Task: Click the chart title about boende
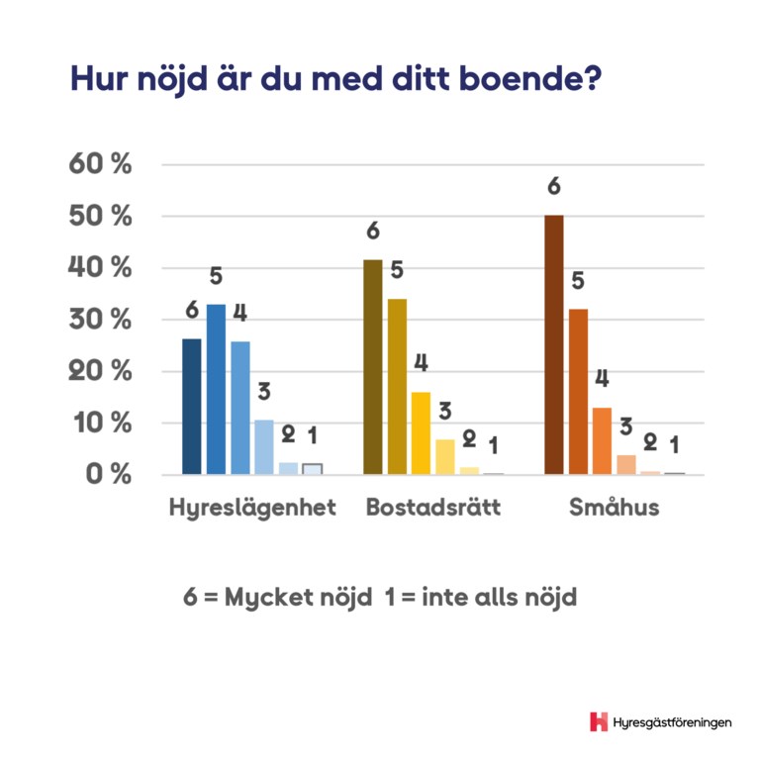tap(335, 79)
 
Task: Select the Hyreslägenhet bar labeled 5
tap(216, 389)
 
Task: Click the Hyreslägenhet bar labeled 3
tap(263, 447)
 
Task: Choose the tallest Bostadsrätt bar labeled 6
tap(372, 367)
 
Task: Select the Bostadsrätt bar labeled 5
tap(397, 387)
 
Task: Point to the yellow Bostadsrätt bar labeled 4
tap(421, 433)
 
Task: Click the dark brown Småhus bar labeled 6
tap(554, 344)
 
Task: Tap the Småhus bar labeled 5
tap(578, 392)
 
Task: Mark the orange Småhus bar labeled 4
tap(602, 440)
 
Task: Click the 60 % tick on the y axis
tap(100, 164)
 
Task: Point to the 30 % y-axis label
tap(100, 320)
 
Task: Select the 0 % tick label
tap(107, 474)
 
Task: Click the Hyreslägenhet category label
tap(252, 508)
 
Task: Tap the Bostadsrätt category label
tap(433, 508)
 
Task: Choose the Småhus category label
tap(614, 508)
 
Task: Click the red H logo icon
tap(599, 721)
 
